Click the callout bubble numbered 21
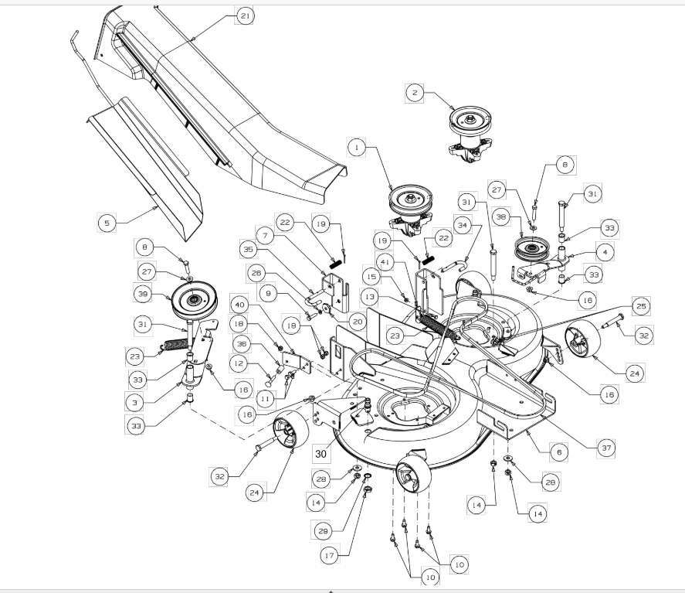(245, 15)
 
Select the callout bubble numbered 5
(107, 223)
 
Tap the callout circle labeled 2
(415, 93)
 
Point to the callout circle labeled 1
(357, 148)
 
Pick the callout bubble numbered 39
(143, 294)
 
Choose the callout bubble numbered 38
(501, 217)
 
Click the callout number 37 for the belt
(606, 448)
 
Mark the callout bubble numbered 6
(559, 452)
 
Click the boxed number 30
(320, 454)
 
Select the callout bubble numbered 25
(641, 306)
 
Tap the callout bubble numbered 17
(330, 555)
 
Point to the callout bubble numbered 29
(323, 531)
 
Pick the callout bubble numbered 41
(385, 262)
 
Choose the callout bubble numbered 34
(463, 226)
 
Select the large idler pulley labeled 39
(194, 299)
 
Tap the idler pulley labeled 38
(531, 249)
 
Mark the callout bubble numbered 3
(135, 403)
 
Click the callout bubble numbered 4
(605, 252)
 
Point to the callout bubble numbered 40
(239, 305)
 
